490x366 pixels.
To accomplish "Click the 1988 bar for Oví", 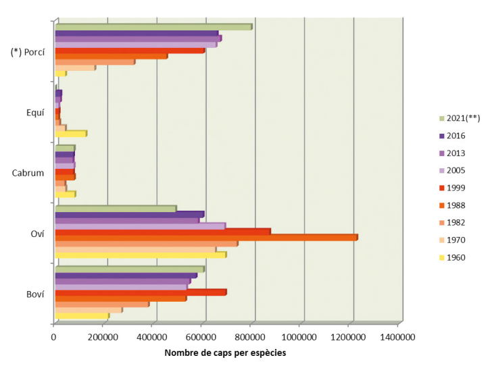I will [x=205, y=237].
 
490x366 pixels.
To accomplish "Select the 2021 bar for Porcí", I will [x=153, y=27].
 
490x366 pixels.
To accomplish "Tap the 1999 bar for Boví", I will [x=140, y=292].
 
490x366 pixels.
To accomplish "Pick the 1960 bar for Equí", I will [x=70, y=134].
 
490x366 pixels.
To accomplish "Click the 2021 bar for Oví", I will [x=115, y=209].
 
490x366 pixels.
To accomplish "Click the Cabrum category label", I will [x=28, y=173].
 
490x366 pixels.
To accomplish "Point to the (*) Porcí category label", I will [x=28, y=53].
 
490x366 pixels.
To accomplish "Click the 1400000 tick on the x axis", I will [x=397, y=336].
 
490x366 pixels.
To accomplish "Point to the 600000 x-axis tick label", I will [x=201, y=336].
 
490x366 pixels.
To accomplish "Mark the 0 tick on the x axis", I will [x=54, y=336].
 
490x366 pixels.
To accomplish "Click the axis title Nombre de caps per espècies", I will [x=224, y=352].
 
